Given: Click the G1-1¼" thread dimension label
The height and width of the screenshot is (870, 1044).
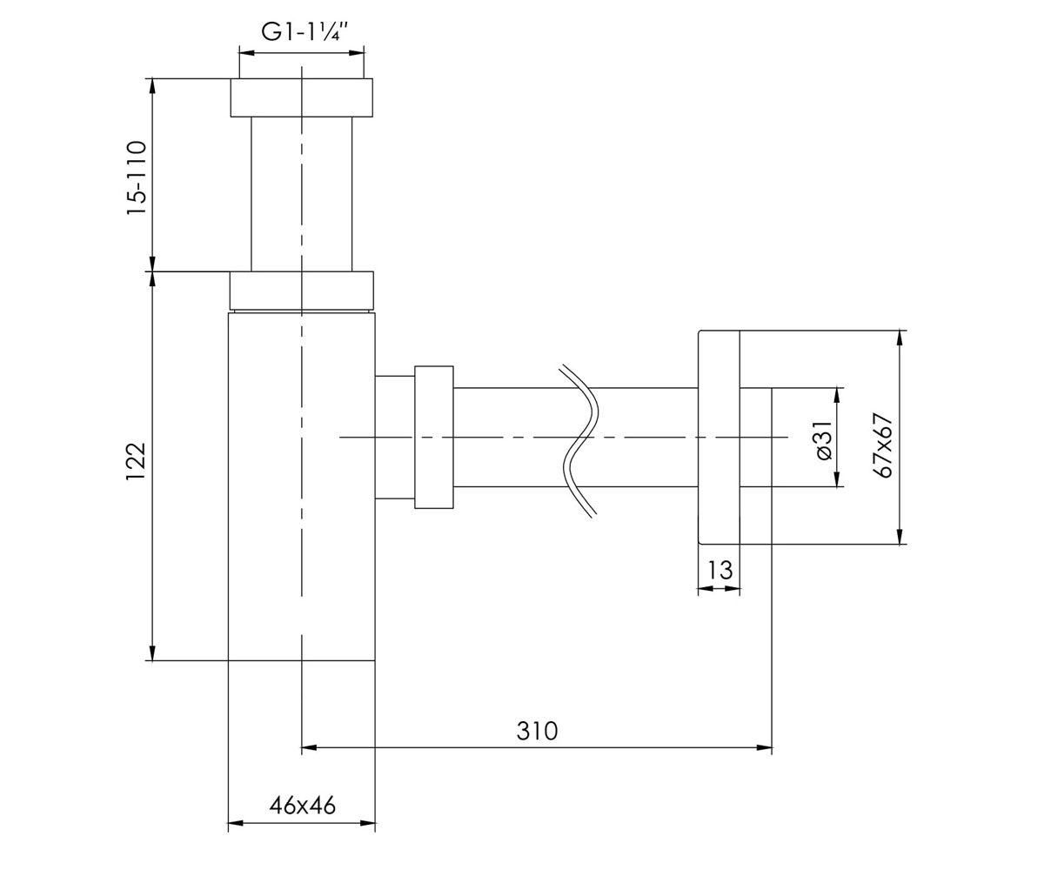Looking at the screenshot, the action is (x=304, y=32).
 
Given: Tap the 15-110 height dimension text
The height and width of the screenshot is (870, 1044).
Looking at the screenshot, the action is (x=137, y=178).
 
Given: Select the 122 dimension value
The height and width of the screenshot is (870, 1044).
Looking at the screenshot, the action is (x=136, y=461).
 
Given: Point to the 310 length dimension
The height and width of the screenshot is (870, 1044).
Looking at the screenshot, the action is (x=537, y=732).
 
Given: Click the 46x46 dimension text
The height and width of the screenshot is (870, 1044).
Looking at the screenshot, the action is (x=303, y=806).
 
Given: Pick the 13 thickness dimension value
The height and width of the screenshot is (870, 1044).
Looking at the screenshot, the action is (x=720, y=570).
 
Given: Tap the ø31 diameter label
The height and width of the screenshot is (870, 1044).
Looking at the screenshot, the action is (x=824, y=440).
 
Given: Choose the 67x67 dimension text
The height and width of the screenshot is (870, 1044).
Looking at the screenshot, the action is (x=884, y=445).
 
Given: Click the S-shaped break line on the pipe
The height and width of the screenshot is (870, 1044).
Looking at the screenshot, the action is (x=579, y=441).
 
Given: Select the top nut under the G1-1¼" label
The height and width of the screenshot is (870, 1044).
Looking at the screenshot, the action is (x=302, y=97).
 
